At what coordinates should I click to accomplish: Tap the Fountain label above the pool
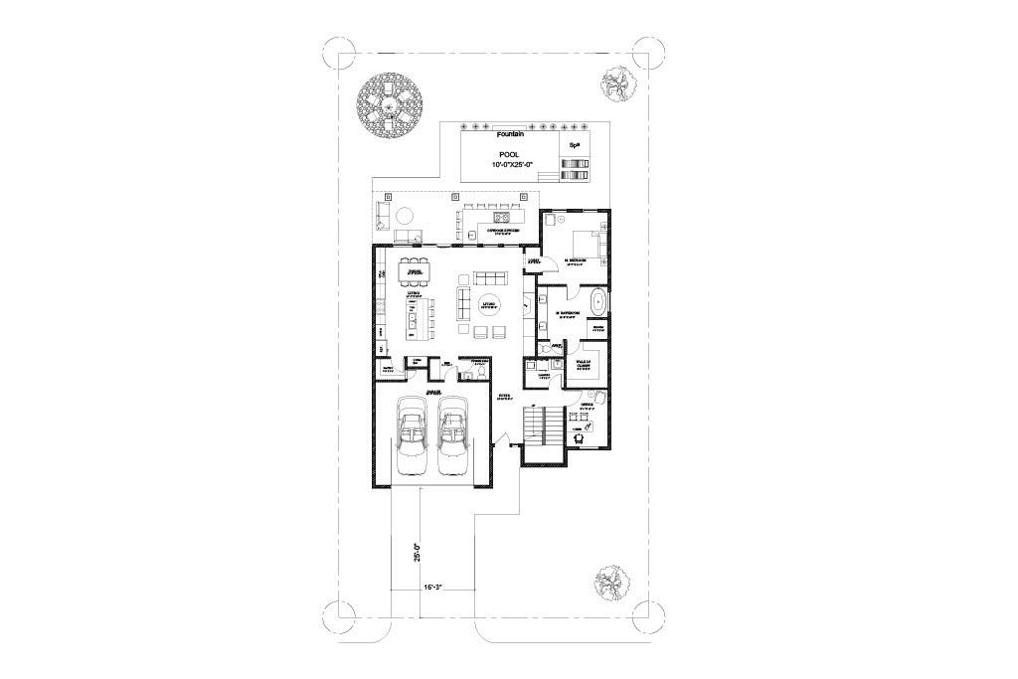coord(512,133)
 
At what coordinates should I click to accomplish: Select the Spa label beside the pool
coord(574,145)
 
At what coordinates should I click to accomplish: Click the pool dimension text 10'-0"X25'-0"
coord(513,164)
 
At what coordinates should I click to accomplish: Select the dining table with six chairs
coord(415,270)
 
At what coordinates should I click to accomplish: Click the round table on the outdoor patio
coord(406,216)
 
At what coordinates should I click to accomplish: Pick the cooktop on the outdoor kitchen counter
coord(501,215)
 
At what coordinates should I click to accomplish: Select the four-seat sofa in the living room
coord(489,276)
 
